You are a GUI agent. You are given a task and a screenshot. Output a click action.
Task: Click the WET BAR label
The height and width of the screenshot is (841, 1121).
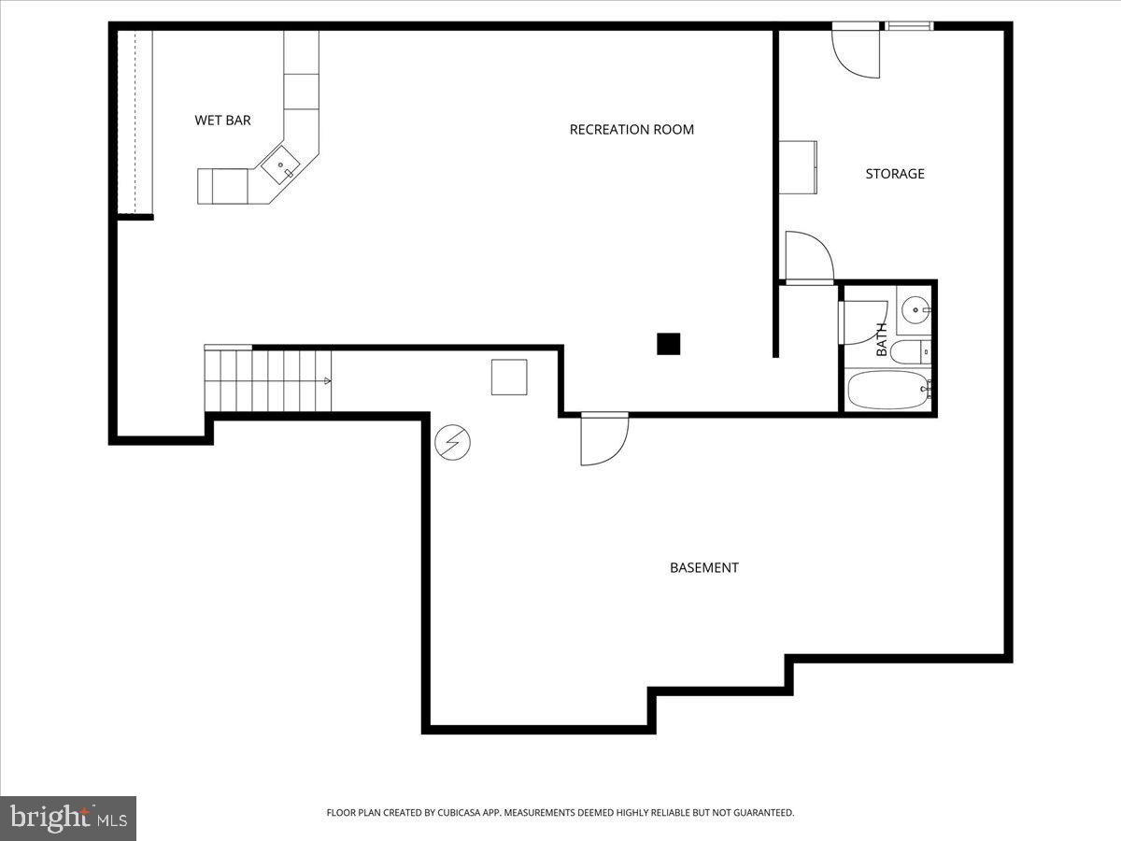click(x=222, y=121)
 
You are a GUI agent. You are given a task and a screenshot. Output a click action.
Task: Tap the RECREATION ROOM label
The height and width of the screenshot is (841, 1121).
click(x=631, y=130)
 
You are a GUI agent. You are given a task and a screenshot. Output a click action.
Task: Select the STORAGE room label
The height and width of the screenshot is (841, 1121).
click(x=894, y=174)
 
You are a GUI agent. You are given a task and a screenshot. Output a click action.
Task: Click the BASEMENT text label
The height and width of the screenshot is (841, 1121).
click(x=703, y=567)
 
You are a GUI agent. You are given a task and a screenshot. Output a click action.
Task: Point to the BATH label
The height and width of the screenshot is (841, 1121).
click(x=881, y=339)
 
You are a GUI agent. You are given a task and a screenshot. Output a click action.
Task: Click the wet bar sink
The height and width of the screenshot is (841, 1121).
click(x=281, y=167)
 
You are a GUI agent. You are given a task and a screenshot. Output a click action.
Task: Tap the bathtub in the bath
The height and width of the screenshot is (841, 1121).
click(x=887, y=390)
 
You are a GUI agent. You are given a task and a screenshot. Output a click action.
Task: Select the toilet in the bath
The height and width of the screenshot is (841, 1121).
click(x=908, y=352)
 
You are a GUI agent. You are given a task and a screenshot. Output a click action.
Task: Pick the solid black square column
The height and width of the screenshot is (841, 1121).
click(x=668, y=344)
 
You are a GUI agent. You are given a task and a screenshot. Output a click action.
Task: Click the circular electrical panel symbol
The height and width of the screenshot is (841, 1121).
click(x=453, y=442)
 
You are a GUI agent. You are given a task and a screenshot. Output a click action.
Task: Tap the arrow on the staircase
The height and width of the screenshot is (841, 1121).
click(x=327, y=380)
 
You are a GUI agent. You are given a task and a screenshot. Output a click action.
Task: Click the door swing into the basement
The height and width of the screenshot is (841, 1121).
click(x=603, y=441)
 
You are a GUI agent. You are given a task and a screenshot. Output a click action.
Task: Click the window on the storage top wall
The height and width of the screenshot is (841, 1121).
click(x=909, y=26)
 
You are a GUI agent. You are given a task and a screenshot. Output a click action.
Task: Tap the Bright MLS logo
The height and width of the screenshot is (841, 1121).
click(x=68, y=818)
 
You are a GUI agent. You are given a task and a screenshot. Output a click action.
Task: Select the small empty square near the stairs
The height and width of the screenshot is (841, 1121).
click(x=509, y=377)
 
